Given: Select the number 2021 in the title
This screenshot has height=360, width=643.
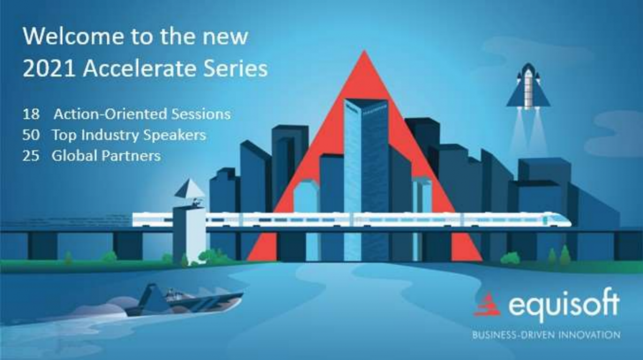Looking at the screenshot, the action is point(49,69).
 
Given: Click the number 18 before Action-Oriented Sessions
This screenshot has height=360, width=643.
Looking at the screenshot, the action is point(31,114).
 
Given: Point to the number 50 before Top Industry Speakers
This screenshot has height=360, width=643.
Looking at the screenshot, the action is point(31,135).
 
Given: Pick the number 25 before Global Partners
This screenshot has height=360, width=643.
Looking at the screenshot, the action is point(31,156).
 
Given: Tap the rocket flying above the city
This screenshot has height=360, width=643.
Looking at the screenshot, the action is point(528,86).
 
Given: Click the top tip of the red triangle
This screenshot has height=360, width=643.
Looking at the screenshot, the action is point(364,50).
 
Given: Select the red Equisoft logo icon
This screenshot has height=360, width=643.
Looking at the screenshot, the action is point(488,305).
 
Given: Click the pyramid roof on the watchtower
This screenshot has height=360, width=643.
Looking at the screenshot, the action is point(190,189).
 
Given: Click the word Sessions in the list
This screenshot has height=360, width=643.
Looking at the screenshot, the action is point(201,114).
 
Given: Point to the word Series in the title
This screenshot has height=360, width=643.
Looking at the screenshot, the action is point(235,69).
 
